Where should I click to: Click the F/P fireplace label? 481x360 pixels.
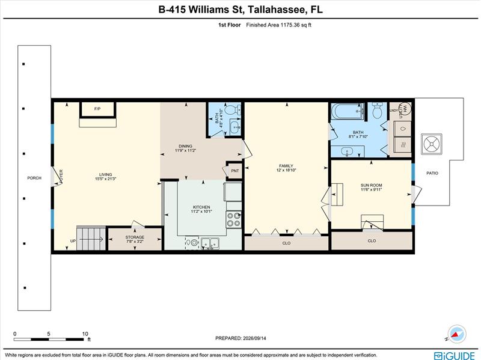(97, 109)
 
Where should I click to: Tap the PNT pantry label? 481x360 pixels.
(235, 171)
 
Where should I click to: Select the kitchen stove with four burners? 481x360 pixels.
(234, 219)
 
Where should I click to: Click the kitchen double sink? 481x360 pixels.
(210, 243)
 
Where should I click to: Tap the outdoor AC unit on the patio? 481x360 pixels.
(432, 144)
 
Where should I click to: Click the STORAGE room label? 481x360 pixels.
(135, 237)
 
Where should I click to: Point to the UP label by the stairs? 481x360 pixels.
(73, 241)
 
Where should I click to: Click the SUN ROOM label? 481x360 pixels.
(371, 185)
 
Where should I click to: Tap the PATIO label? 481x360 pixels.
(432, 173)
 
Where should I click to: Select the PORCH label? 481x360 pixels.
(34, 178)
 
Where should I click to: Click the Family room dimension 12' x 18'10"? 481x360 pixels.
(286, 170)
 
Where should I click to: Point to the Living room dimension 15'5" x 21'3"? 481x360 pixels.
(106, 178)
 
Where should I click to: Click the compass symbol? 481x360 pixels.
(457, 334)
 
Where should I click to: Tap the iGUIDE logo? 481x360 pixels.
(455, 356)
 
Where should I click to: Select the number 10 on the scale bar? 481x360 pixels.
(85, 334)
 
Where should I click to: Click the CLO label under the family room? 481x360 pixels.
(286, 243)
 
